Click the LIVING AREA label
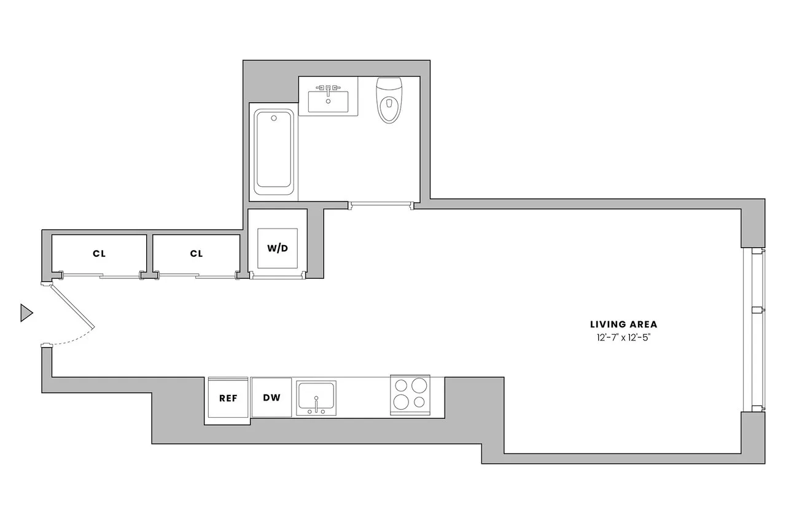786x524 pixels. tap(623, 324)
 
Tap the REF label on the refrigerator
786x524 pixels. tap(228, 397)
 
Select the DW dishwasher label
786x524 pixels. tap(271, 397)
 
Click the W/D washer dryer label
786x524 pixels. tap(277, 248)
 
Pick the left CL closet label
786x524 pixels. tap(99, 253)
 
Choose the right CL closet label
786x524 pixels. tap(196, 253)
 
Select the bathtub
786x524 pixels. tap(274, 149)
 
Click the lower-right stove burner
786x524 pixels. tap(420, 402)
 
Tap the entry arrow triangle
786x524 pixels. tap(26, 313)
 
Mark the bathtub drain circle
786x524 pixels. tap(274, 116)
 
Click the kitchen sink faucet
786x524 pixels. tap(316, 408)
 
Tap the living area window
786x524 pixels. tap(754, 330)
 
